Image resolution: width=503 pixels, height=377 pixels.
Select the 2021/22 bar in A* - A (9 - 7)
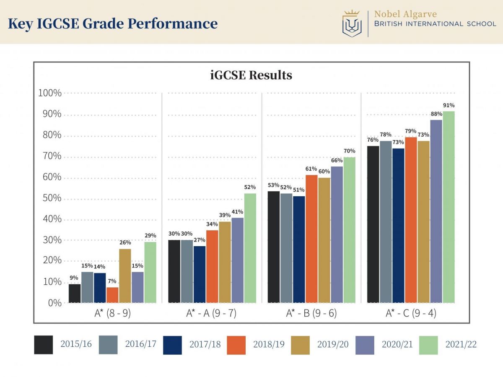point(250,247)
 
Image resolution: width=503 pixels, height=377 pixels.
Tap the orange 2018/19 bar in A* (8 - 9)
point(112,295)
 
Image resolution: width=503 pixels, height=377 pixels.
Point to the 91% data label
point(449,105)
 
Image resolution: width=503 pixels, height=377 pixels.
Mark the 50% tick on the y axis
point(50,198)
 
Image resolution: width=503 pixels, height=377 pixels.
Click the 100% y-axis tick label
point(49,93)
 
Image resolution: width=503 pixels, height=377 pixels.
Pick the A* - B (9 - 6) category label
point(311,313)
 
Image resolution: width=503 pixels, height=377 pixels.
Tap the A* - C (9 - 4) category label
point(411,313)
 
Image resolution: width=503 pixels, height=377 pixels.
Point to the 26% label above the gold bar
point(125,242)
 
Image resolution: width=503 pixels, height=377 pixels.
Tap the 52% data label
point(250,187)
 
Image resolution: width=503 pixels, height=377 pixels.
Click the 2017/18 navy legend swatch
point(172,345)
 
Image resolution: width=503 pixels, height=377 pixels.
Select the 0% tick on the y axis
point(54,303)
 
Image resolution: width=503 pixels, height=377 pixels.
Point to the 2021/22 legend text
point(461,344)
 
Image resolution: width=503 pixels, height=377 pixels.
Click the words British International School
point(435,24)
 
